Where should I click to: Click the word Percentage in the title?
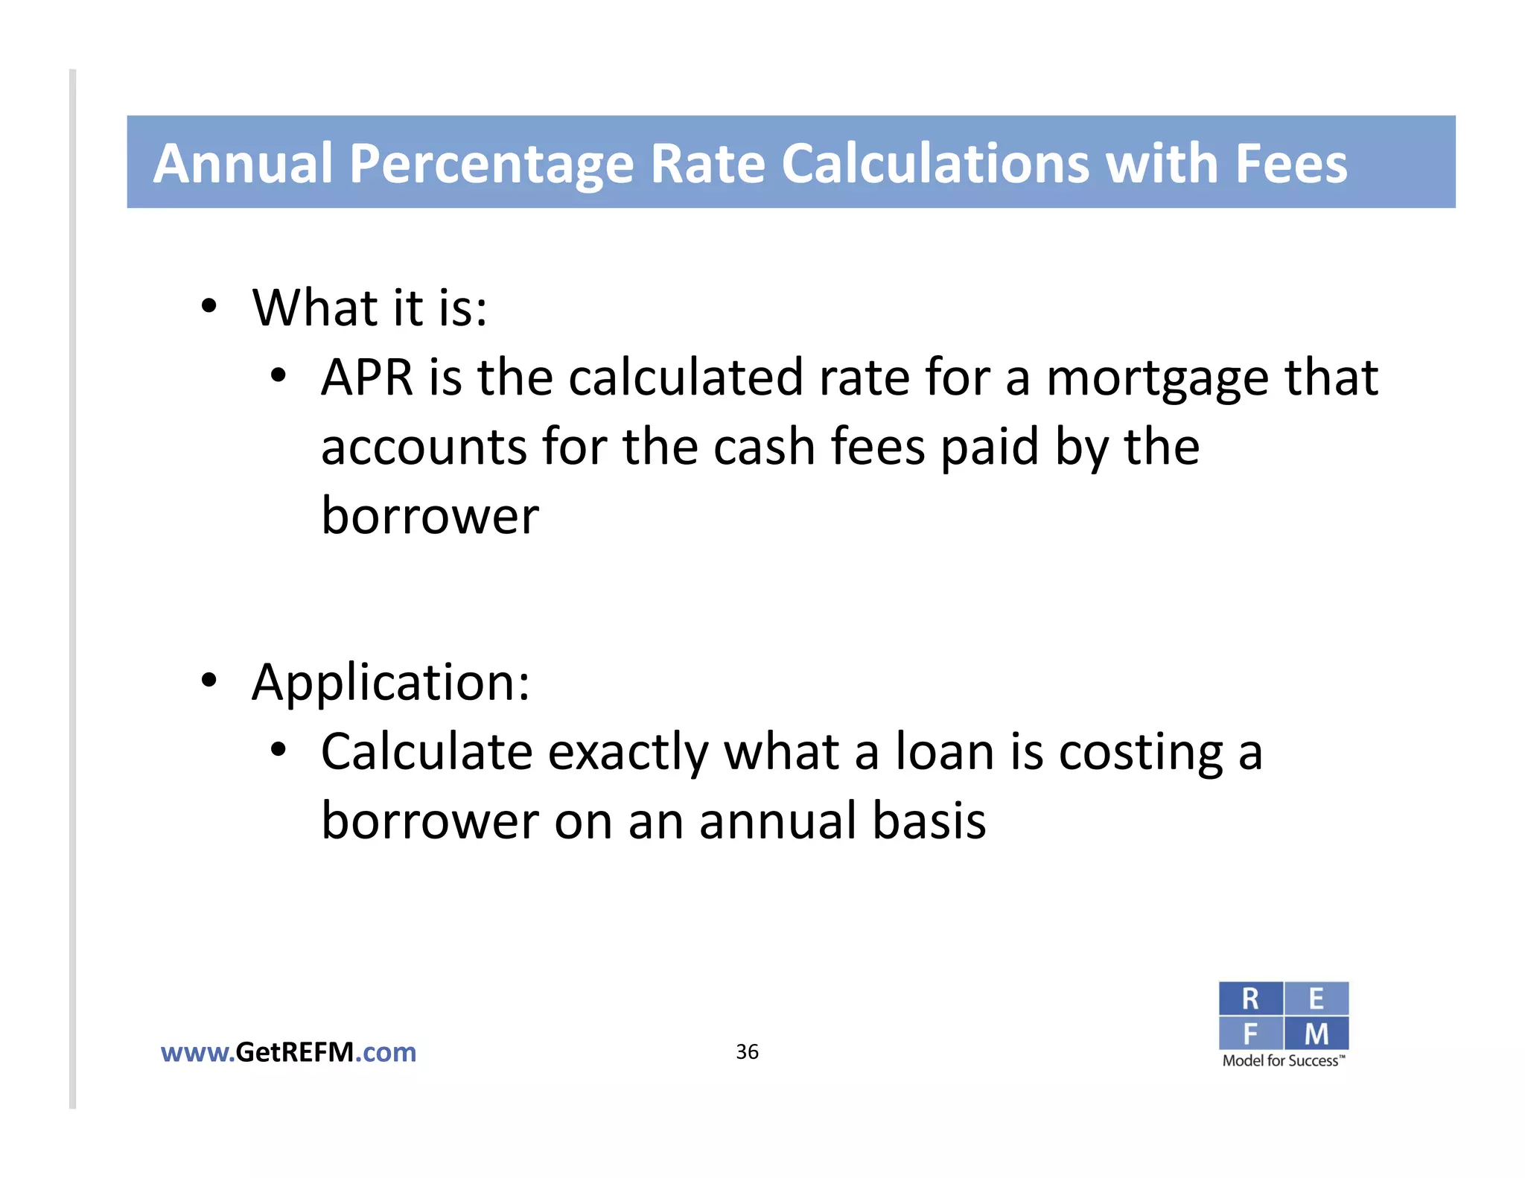pyautogui.click(x=491, y=164)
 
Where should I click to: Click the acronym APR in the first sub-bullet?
pyautogui.click(x=366, y=378)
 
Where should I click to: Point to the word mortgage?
pyautogui.click(x=1157, y=379)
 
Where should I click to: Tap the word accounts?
pyautogui.click(x=424, y=447)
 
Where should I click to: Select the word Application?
pyautogui.click(x=391, y=683)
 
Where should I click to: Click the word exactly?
pyautogui.click(x=628, y=753)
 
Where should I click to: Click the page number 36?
pyautogui.click(x=747, y=1051)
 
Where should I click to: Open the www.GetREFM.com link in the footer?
pyautogui.click(x=288, y=1052)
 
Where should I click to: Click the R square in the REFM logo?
pyautogui.click(x=1250, y=999)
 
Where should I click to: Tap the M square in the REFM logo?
pyautogui.click(x=1316, y=1034)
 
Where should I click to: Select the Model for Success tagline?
pyautogui.click(x=1283, y=1061)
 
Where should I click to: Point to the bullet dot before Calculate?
pyautogui.click(x=278, y=750)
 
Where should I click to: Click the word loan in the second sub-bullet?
pyautogui.click(x=944, y=752)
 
